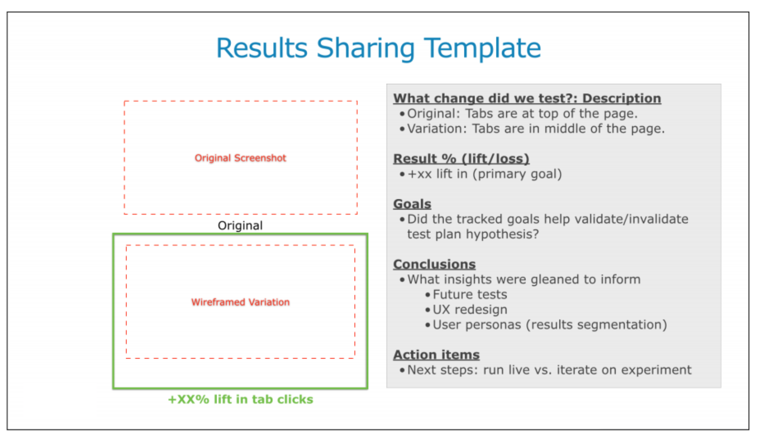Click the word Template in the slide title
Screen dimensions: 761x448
pos(482,48)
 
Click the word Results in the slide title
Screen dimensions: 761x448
pos(262,48)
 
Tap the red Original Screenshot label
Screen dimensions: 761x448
pos(240,158)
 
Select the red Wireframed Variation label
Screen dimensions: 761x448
pos(240,302)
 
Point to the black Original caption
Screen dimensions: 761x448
pos(240,225)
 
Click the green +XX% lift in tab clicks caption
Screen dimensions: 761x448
pos(241,399)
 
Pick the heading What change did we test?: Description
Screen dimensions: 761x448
pos(527,98)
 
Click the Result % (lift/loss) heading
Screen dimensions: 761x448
pos(461,159)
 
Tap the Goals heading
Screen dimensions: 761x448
pos(412,204)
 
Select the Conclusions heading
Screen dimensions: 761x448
pos(434,264)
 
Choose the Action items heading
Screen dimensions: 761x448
pos(436,355)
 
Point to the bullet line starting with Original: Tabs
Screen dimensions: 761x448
pos(522,114)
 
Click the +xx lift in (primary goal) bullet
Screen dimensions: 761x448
pos(484,174)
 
